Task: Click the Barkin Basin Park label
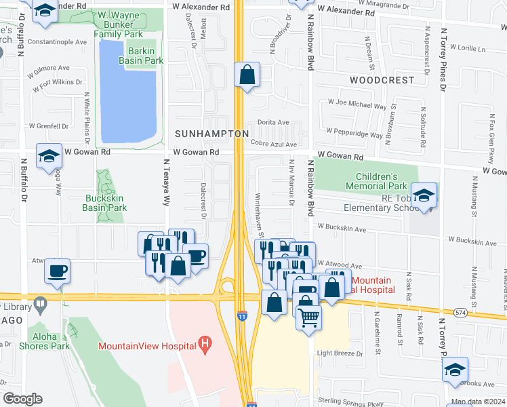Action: click(x=141, y=55)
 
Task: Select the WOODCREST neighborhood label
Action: click(x=382, y=80)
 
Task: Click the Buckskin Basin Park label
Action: click(x=104, y=203)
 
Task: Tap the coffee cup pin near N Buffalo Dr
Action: click(x=57, y=271)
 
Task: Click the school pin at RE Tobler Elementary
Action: click(x=424, y=196)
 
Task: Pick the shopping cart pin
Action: click(x=309, y=317)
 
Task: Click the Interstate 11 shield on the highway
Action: click(x=241, y=316)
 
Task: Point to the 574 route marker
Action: click(x=461, y=312)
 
